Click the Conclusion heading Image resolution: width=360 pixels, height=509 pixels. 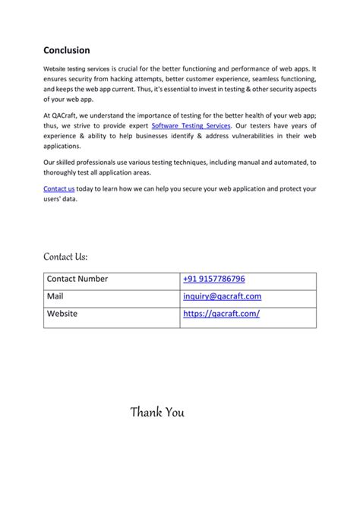point(67,50)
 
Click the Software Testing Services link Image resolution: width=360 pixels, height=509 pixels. point(191,125)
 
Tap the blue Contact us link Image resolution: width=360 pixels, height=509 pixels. point(59,188)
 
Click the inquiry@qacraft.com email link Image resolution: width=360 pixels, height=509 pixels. point(222,296)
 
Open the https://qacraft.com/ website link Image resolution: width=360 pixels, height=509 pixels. point(221,313)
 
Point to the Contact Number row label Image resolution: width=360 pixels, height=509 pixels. point(77,279)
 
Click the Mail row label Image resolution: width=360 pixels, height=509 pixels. point(55,296)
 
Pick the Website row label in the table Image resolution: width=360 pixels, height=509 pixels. point(62,313)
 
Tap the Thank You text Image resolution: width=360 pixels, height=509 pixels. point(157,413)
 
